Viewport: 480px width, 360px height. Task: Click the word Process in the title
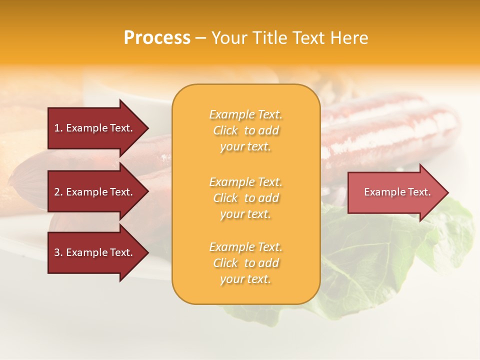157,38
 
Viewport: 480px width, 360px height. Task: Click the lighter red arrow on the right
395,192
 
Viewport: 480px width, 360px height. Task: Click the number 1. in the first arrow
58,128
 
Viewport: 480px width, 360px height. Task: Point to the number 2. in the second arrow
58,192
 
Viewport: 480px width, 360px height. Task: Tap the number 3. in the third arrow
58,252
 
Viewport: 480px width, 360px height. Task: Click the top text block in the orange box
245,130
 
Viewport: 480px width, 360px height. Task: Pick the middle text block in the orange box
245,198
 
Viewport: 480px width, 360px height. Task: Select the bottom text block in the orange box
245,263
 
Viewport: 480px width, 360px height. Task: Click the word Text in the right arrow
419,192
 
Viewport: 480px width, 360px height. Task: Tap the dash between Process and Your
200,38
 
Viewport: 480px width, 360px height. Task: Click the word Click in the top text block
225,130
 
